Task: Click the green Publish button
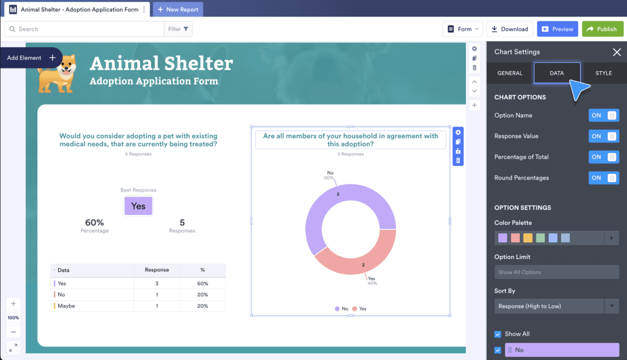[603, 29]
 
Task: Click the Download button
[509, 29]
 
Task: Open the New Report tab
[178, 10]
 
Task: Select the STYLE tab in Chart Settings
[603, 73]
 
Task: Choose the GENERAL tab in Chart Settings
[509, 73]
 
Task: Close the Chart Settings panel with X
[617, 52]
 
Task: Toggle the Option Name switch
[604, 116]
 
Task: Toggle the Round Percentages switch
[604, 178]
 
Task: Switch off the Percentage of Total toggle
[604, 157]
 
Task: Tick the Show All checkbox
[498, 334]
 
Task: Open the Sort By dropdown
[557, 306]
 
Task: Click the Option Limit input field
[557, 272]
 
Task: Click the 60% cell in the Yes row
[203, 283]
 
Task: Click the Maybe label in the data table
[66, 306]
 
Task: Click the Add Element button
[31, 58]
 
